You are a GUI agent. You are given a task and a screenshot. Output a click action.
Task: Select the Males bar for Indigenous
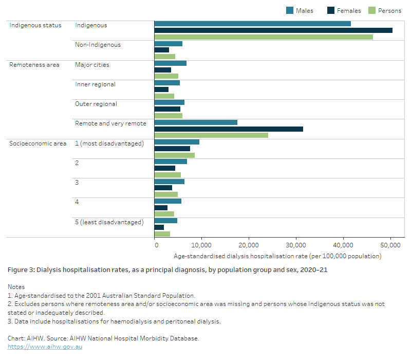252,24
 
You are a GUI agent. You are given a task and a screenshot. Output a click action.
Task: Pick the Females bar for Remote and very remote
229,129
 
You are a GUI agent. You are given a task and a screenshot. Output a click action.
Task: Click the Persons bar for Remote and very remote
211,135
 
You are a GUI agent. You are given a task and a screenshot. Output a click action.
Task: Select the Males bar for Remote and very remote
196,122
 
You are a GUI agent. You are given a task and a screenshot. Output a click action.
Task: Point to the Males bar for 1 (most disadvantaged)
177,142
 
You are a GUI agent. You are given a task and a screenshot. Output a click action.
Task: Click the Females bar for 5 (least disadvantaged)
159,227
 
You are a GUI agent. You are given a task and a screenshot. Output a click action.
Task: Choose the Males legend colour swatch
290,11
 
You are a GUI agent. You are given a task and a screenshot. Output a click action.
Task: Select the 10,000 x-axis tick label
201,245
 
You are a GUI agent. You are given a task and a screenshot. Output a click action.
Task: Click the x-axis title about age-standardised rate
277,256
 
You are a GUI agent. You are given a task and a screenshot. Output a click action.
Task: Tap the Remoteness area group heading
34,65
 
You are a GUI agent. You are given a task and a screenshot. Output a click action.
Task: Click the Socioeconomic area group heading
38,143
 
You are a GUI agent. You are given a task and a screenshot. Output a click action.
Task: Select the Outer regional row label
96,104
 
